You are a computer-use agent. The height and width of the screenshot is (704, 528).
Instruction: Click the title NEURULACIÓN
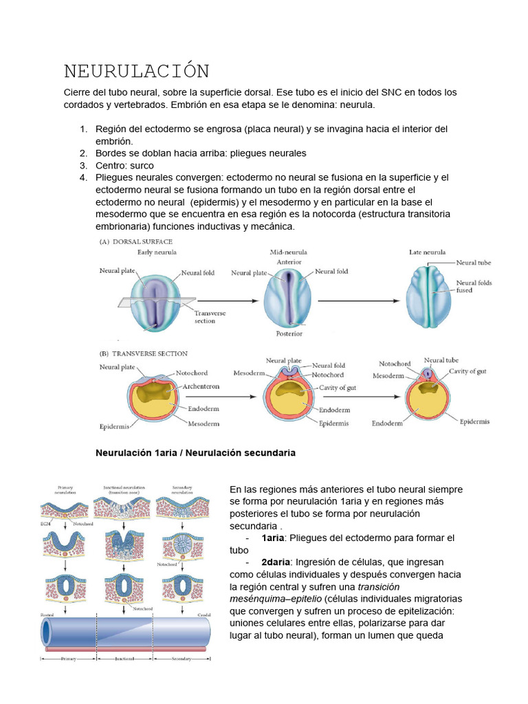136,71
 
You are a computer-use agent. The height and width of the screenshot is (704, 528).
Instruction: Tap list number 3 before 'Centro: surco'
83,165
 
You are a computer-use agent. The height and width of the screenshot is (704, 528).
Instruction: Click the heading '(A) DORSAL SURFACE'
137,241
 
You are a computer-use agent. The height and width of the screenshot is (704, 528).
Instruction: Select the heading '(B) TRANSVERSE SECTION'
144,353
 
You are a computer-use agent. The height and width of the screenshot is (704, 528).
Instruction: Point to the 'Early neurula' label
157,252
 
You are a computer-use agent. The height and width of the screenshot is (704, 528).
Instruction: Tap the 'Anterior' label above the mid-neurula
289,262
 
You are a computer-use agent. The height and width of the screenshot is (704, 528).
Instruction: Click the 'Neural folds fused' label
474,286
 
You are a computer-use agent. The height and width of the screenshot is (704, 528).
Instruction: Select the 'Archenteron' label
201,386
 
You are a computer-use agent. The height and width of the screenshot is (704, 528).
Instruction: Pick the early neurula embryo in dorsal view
157,300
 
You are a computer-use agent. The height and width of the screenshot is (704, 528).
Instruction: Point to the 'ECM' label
45,523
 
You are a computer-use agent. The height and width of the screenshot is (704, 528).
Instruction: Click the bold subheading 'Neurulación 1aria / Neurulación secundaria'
195,453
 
